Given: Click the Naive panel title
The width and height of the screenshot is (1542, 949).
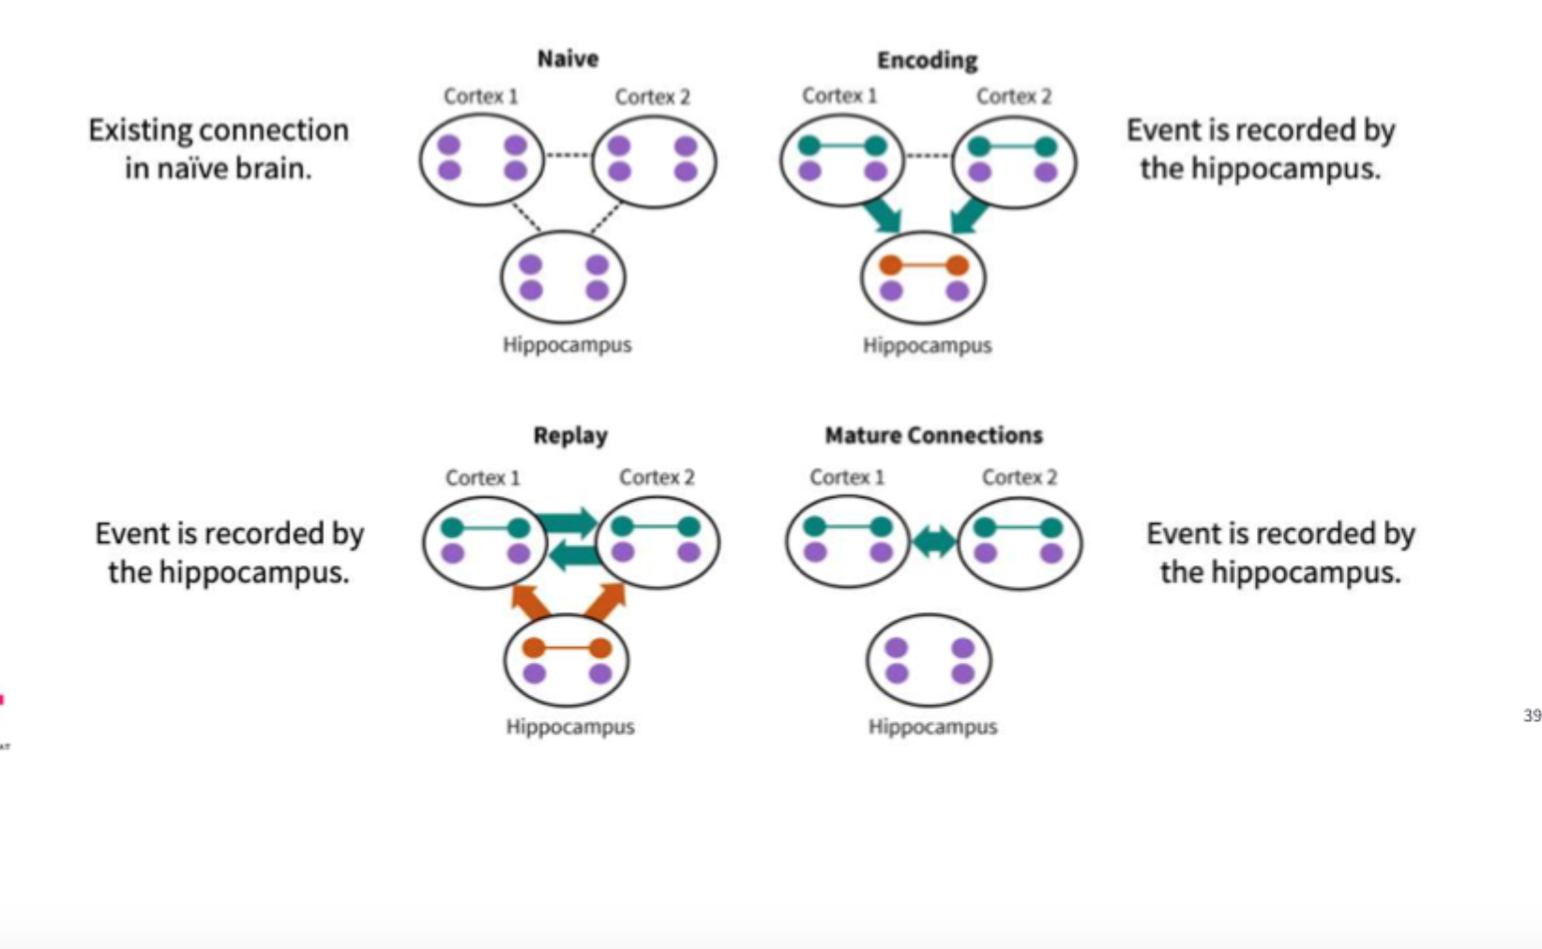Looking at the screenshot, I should pyautogui.click(x=567, y=59).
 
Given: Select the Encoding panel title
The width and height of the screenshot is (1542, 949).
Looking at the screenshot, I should pyautogui.click(x=927, y=61).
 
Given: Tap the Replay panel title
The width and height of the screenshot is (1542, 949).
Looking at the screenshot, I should pyautogui.click(x=570, y=435).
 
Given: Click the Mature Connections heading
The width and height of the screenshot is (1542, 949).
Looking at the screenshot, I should pyautogui.click(x=933, y=435).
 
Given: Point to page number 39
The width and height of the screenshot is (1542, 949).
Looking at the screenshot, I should pyautogui.click(x=1532, y=716).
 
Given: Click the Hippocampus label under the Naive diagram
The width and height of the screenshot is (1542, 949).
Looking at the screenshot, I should pyautogui.click(x=567, y=345).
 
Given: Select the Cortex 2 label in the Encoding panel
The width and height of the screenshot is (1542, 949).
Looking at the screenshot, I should pyautogui.click(x=1013, y=97).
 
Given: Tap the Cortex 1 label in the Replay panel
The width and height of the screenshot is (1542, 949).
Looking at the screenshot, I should pyautogui.click(x=482, y=478).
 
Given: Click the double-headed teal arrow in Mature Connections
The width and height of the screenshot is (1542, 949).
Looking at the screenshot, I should pyautogui.click(x=933, y=541).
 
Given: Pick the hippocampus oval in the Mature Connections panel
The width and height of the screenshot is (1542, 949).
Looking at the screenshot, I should pyautogui.click(x=929, y=660).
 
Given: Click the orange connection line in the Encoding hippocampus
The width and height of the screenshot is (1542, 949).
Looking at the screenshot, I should pyautogui.click(x=924, y=265).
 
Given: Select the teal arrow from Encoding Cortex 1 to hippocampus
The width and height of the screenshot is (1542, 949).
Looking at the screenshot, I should pyautogui.click(x=883, y=215).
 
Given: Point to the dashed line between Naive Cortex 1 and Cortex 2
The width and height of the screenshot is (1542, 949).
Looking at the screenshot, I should pyautogui.click(x=567, y=155).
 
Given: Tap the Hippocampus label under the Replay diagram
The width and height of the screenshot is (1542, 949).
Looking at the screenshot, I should pyautogui.click(x=570, y=727).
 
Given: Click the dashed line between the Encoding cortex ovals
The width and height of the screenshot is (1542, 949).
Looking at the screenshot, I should pyautogui.click(x=928, y=155).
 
